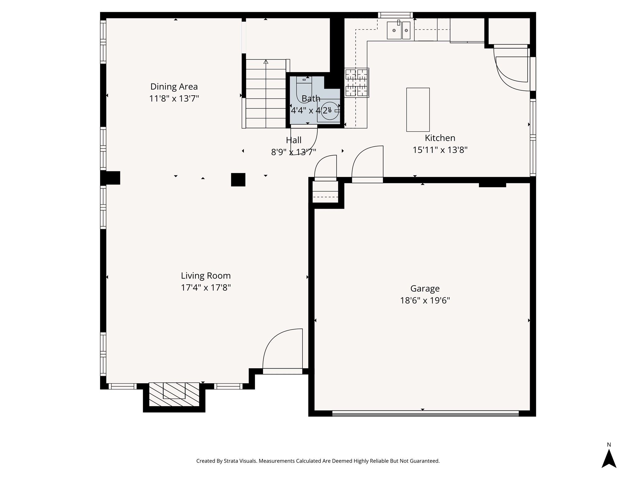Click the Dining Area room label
(174, 87)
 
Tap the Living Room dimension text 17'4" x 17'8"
(206, 288)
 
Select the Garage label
(425, 288)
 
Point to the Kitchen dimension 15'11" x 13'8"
(440, 150)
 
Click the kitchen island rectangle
(418, 110)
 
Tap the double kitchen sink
(398, 30)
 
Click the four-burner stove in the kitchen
(357, 83)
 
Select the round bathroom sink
(329, 111)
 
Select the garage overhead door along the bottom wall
(425, 413)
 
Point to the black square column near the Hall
(238, 179)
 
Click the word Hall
(293, 140)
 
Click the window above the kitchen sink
(395, 15)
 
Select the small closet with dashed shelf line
(325, 192)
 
